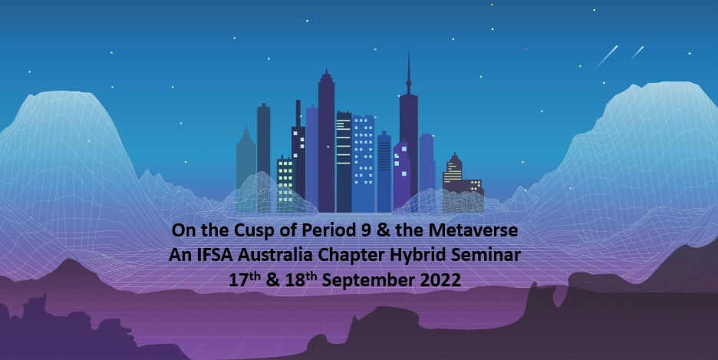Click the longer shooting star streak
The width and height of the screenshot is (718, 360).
(606, 58)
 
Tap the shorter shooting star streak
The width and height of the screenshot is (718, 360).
(637, 52)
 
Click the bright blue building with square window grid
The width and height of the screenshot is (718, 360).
(363, 163)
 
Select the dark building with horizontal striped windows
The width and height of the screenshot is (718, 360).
(344, 161)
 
